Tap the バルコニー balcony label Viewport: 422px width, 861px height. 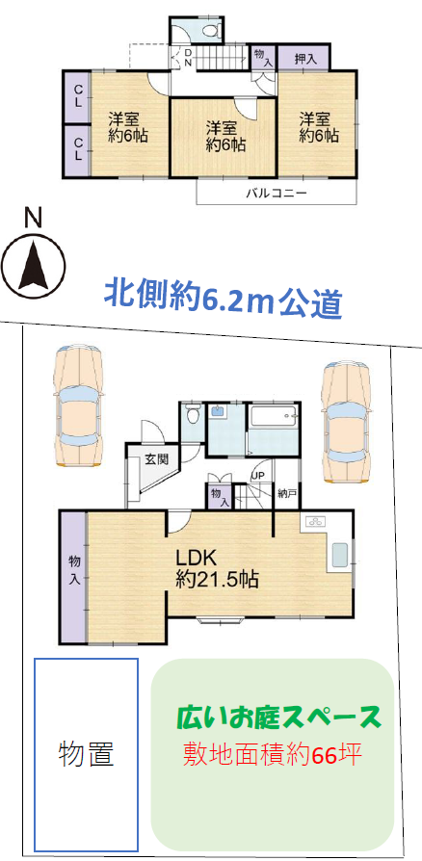[x=276, y=194]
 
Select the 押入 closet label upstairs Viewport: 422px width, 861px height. [x=305, y=59]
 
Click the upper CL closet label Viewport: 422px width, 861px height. [x=78, y=96]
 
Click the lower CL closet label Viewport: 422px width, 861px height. [x=78, y=149]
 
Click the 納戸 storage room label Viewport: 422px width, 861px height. [x=287, y=492]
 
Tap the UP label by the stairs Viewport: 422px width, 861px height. [x=256, y=476]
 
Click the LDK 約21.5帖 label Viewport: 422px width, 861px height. [x=217, y=568]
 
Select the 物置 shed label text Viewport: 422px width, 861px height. [x=87, y=754]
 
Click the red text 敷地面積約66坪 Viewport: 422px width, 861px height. [x=272, y=754]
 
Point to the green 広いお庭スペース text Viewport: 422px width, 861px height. [x=278, y=717]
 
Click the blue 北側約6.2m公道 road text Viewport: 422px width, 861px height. [x=224, y=300]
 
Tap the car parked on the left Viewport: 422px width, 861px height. [x=79, y=407]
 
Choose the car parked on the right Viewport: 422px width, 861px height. [x=347, y=422]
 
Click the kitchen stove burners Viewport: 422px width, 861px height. [x=314, y=523]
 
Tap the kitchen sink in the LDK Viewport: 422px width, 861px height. [x=338, y=557]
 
